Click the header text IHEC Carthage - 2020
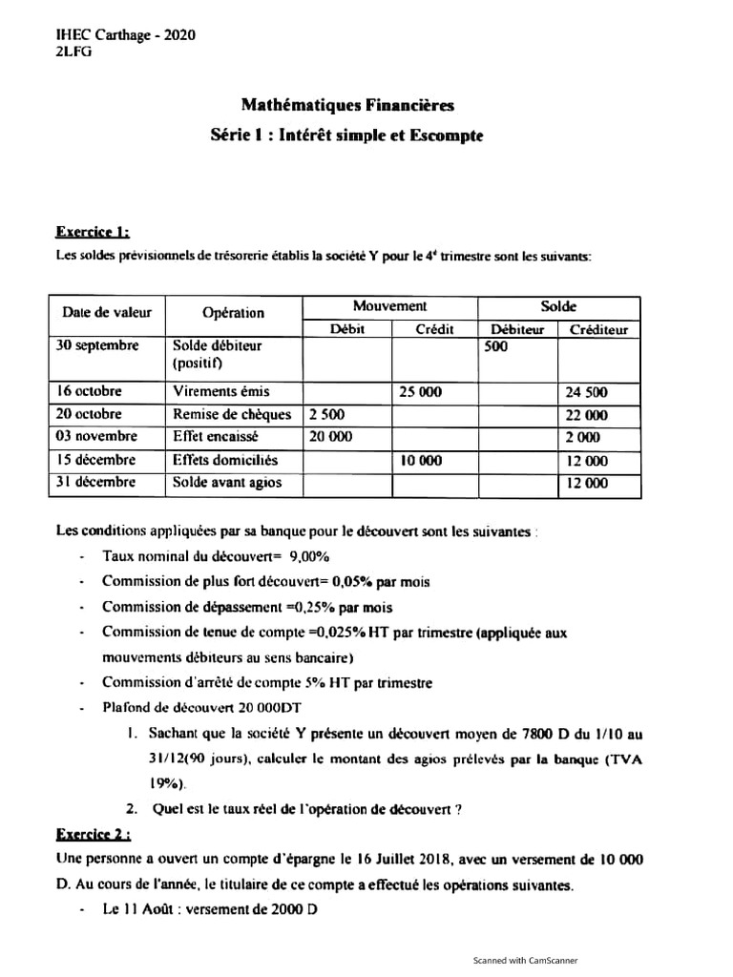pos(126,35)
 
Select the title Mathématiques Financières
pos(347,105)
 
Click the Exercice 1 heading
pos(93,231)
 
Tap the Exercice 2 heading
pos(94,834)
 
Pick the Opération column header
pos(234,313)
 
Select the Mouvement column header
pos(389,306)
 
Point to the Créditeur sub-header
pos(598,330)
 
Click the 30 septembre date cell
pos(98,346)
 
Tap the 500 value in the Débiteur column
pos(495,348)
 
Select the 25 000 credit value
pos(420,391)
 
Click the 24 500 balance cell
pos(587,392)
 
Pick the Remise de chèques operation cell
pos(232,414)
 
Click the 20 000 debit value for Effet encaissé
pos(331,437)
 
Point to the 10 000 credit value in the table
pos(420,460)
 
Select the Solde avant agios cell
pos(227,483)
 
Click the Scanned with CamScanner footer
pos(526,961)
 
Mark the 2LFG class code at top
pos(74,52)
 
